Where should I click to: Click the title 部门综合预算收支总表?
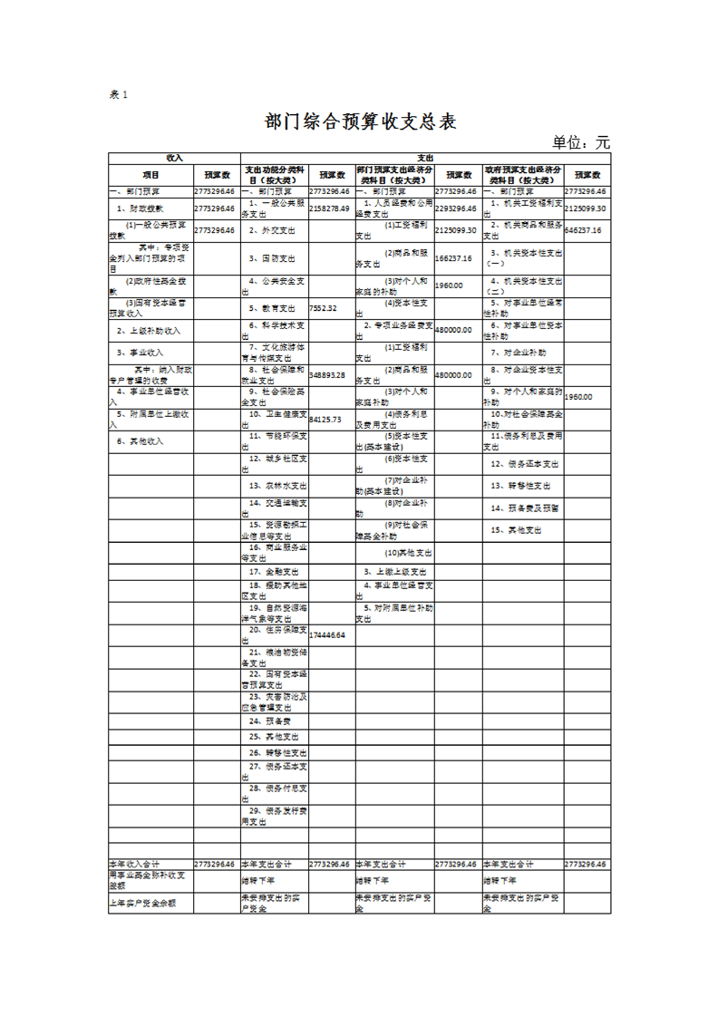click(x=359, y=122)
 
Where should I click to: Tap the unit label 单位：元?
click(x=581, y=143)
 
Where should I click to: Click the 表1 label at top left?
click(x=120, y=95)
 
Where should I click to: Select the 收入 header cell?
click(x=174, y=158)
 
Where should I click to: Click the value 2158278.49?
click(x=329, y=208)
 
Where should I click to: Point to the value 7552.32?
click(x=323, y=308)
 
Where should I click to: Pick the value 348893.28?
click(x=327, y=374)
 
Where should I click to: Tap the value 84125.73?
click(x=325, y=420)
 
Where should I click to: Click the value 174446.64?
click(x=327, y=635)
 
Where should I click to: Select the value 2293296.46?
click(x=455, y=208)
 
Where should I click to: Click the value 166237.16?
click(x=453, y=258)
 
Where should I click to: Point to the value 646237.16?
click(x=585, y=230)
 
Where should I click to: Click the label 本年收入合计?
click(x=134, y=865)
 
